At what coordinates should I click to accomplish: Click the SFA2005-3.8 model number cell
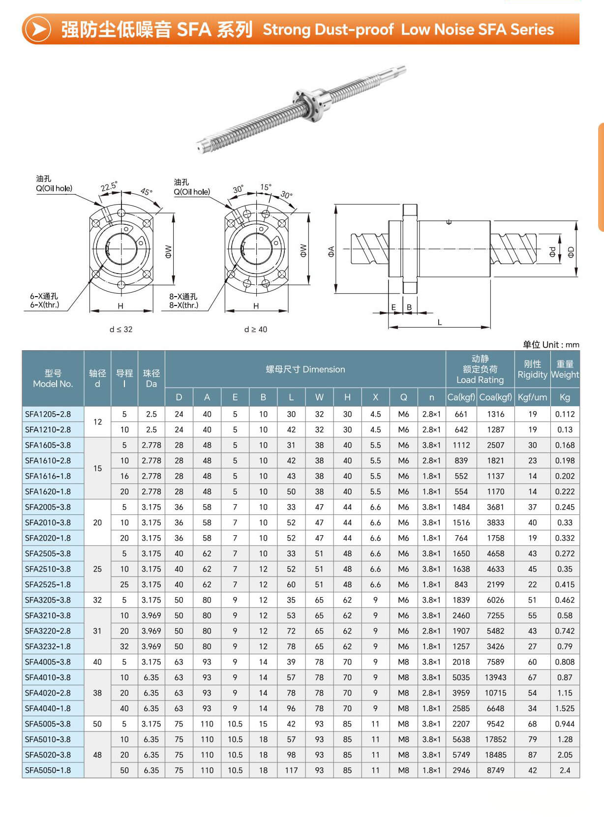(x=48, y=507)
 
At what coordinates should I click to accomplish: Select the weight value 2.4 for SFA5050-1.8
(x=565, y=770)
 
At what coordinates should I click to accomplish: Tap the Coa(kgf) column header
(x=495, y=397)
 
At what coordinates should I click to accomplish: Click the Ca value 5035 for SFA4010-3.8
(x=461, y=677)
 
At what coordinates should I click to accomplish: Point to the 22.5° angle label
(x=109, y=187)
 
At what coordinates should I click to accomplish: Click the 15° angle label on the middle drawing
(x=266, y=187)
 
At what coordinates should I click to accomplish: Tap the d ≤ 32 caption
(x=121, y=330)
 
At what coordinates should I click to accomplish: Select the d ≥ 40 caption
(x=256, y=330)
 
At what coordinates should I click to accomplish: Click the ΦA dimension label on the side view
(x=331, y=252)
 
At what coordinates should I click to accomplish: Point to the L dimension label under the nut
(x=440, y=323)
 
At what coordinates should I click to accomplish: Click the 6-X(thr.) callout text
(x=44, y=305)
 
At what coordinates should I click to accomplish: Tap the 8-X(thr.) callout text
(x=183, y=305)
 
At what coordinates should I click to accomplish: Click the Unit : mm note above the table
(x=551, y=345)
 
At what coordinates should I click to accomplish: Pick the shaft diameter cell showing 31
(x=97, y=631)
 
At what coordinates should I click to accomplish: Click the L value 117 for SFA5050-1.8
(x=291, y=770)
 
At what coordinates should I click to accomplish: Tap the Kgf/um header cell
(x=532, y=397)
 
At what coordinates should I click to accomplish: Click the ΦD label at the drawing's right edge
(x=571, y=252)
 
